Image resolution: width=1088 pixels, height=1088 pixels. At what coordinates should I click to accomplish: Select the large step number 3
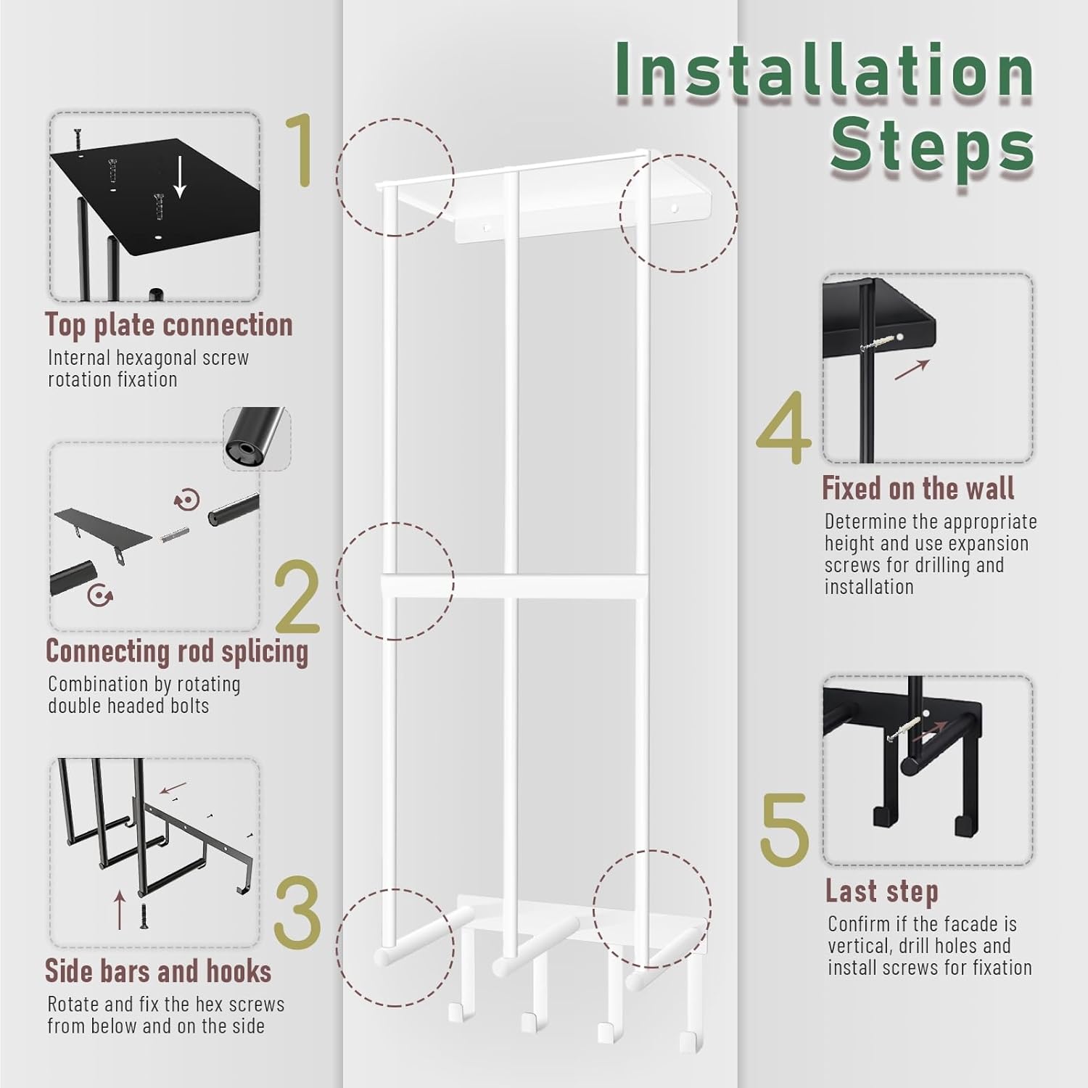pyautogui.click(x=297, y=912)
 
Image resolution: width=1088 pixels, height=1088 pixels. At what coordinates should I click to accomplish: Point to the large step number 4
pyautogui.click(x=784, y=428)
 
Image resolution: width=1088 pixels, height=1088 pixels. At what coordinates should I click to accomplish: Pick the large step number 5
pyautogui.click(x=784, y=829)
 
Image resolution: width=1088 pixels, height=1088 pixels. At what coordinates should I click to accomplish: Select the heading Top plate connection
pyautogui.click(x=168, y=325)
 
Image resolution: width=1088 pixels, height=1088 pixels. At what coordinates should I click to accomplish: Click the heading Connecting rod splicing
pyautogui.click(x=177, y=651)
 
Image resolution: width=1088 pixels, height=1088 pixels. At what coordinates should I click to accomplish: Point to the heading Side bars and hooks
pyautogui.click(x=158, y=970)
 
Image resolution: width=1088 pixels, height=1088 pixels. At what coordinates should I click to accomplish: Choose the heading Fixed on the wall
pyautogui.click(x=918, y=488)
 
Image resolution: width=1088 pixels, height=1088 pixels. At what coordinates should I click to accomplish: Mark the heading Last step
pyautogui.click(x=882, y=891)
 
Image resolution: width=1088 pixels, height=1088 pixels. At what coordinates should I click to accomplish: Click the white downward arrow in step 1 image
pyautogui.click(x=180, y=178)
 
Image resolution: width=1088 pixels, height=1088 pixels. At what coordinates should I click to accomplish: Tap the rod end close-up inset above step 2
pyautogui.click(x=257, y=438)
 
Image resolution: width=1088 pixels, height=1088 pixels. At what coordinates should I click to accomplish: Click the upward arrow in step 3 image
pyautogui.click(x=120, y=910)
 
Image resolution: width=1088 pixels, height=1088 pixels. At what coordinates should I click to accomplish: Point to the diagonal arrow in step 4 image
pyautogui.click(x=912, y=369)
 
